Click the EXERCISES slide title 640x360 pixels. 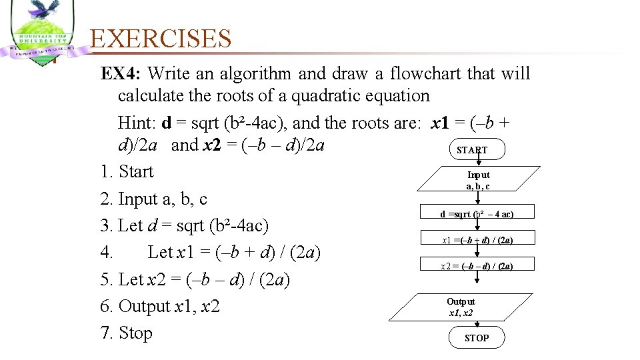click(161, 39)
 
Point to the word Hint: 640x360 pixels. click(137, 123)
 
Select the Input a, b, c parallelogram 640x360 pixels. click(478, 180)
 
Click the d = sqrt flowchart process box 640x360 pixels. click(477, 214)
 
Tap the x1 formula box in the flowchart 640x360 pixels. click(477, 240)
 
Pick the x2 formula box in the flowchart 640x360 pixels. click(477, 266)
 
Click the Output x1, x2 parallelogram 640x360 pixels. click(461, 307)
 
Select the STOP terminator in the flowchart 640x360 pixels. click(477, 338)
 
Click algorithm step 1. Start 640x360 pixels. click(127, 172)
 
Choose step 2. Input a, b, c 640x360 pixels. click(154, 199)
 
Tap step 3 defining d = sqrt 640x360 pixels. click(185, 226)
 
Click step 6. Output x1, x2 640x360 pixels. click(160, 307)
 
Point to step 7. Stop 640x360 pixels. click(127, 333)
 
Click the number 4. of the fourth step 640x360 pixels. click(107, 253)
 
